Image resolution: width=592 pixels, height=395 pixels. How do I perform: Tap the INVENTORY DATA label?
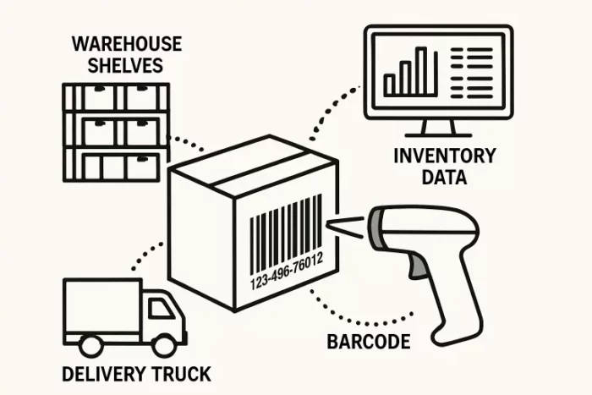pyautogui.click(x=432, y=166)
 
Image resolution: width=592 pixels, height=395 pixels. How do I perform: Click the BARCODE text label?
pyautogui.click(x=368, y=343)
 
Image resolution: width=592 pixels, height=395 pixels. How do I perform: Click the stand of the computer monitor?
pyautogui.click(x=436, y=129)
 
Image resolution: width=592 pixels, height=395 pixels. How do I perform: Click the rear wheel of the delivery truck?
pyautogui.click(x=89, y=345)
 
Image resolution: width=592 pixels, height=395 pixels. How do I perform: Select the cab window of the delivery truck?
pyautogui.click(x=161, y=309)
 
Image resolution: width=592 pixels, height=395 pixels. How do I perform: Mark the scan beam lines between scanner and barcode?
pyautogui.click(x=347, y=225)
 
